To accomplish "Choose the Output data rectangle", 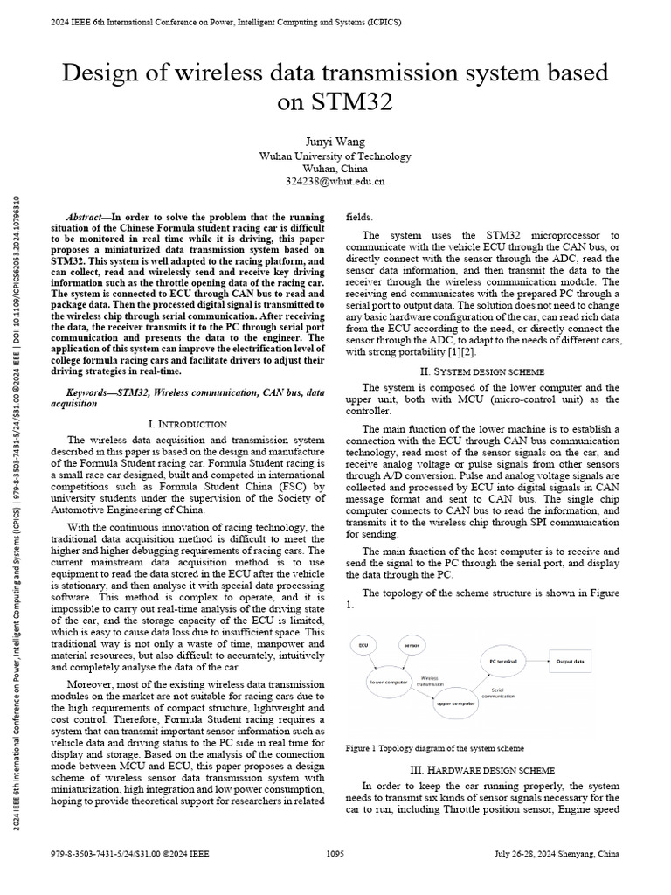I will [571, 662].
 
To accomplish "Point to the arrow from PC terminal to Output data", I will [537, 662].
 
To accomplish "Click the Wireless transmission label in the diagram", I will [429, 682].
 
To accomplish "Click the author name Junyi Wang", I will [335, 142].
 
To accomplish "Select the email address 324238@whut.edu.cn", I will [335, 182].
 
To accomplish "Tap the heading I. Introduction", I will [189, 423].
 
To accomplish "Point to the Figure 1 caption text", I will [435, 748].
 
